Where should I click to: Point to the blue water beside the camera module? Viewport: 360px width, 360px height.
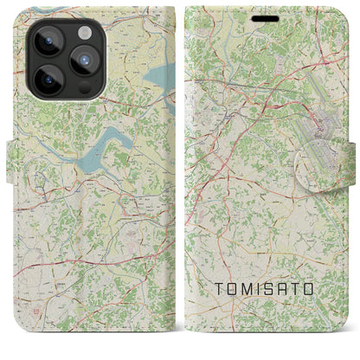pos(157,82)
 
